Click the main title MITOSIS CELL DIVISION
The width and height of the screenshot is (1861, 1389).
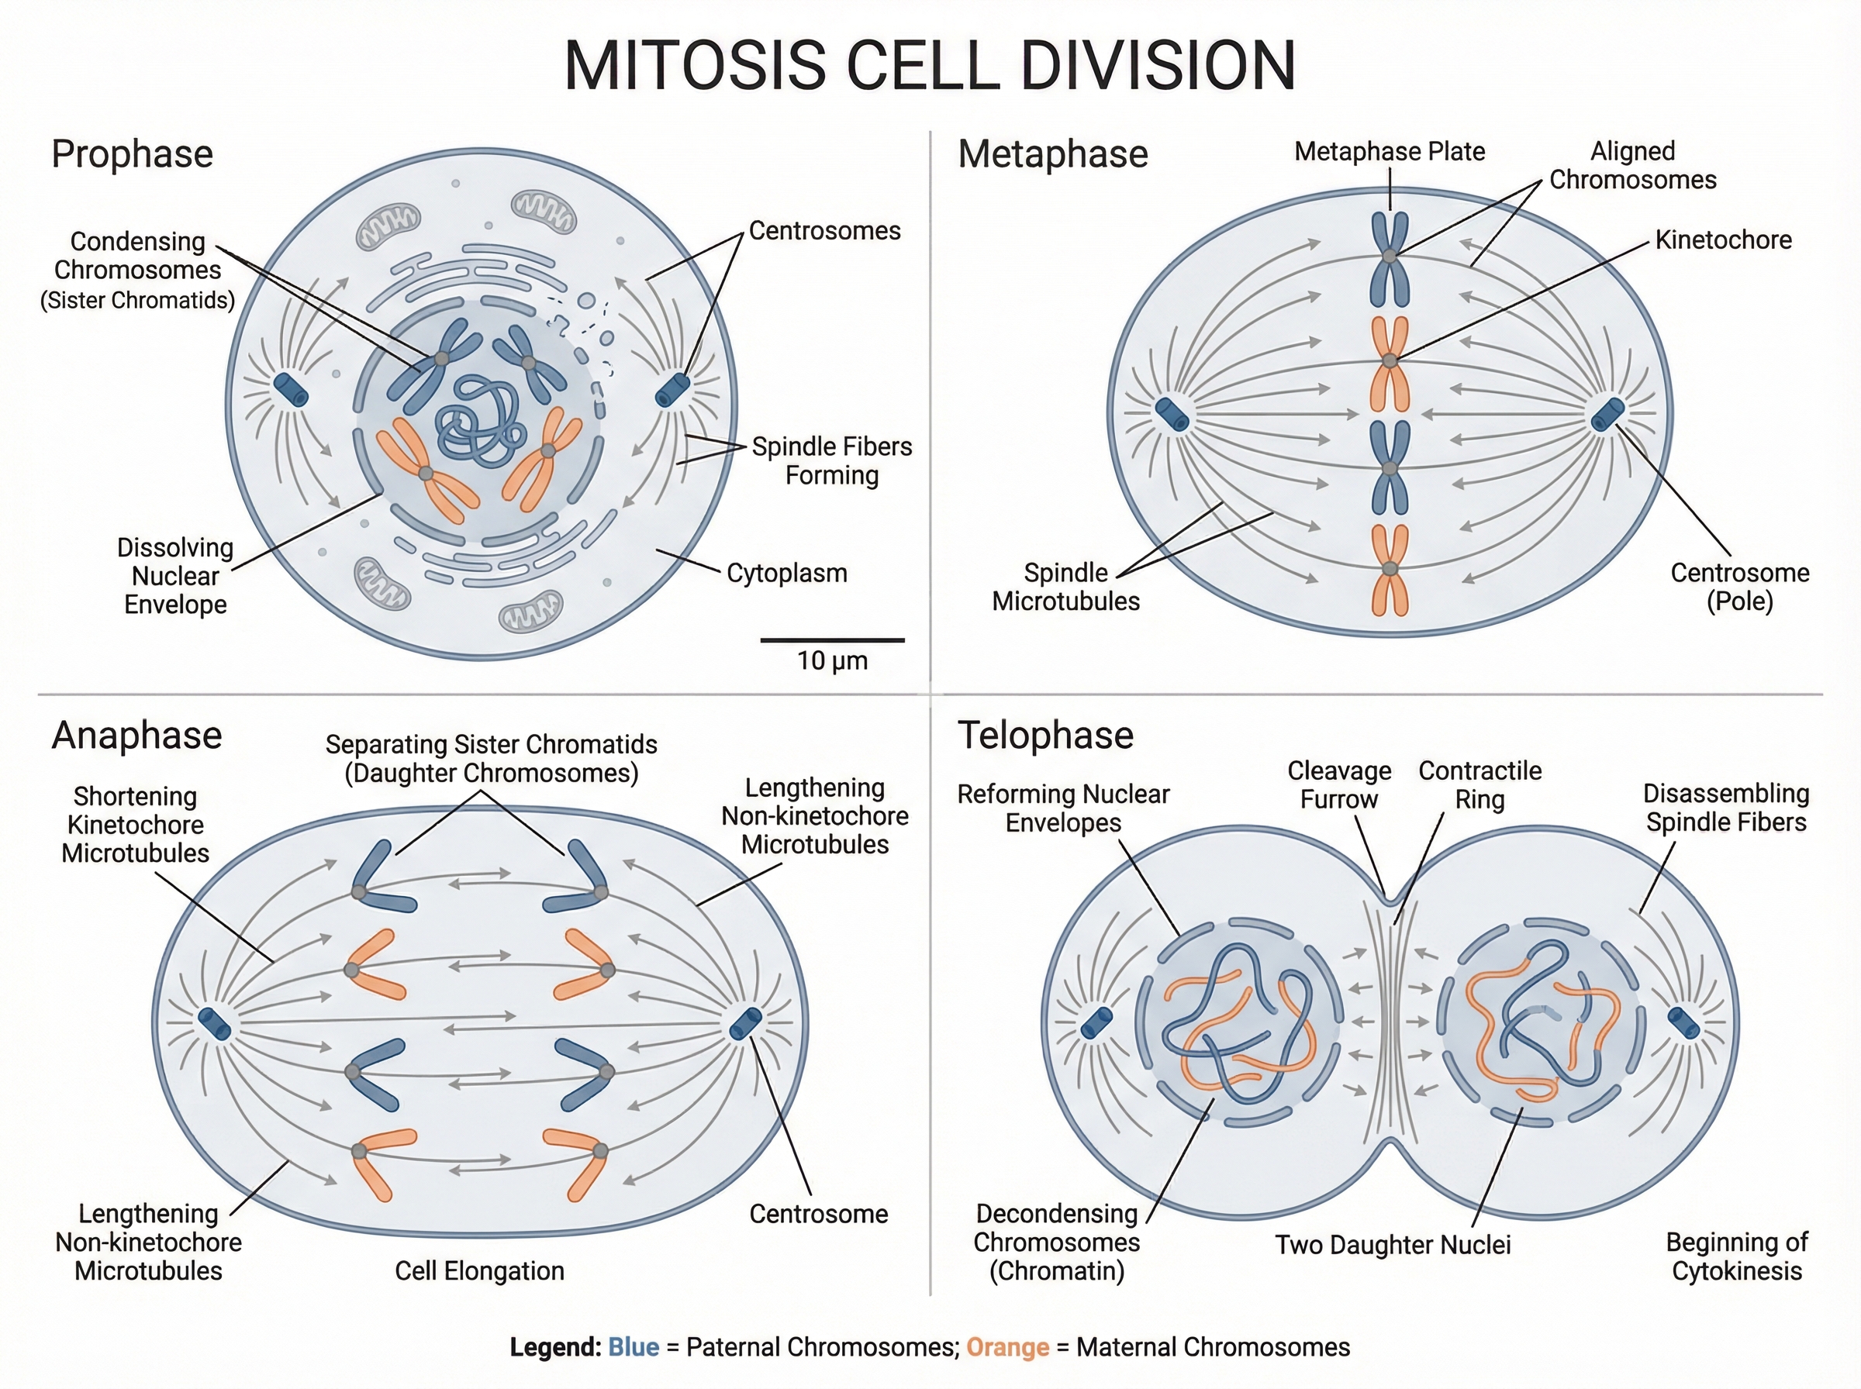pyautogui.click(x=929, y=66)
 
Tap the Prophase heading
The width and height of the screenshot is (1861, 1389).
pyautogui.click(x=132, y=155)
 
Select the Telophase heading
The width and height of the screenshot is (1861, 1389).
pyautogui.click(x=1045, y=736)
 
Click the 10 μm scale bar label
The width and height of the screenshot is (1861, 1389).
pyautogui.click(x=832, y=661)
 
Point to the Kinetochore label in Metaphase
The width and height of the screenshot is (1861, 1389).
pyautogui.click(x=1723, y=240)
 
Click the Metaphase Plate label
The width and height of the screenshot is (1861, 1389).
pyautogui.click(x=1390, y=151)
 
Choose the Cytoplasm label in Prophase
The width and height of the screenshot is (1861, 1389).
pyautogui.click(x=786, y=574)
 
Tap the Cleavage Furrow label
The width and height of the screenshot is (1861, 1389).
pyautogui.click(x=1339, y=785)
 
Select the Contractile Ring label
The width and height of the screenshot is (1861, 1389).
pyautogui.click(x=1480, y=785)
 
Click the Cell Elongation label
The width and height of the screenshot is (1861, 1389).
pyautogui.click(x=479, y=1270)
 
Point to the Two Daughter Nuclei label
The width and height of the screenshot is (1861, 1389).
pyautogui.click(x=1393, y=1244)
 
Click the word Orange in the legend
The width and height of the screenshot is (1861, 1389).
pyautogui.click(x=1007, y=1347)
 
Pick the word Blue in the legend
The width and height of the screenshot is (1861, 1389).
pyautogui.click(x=634, y=1347)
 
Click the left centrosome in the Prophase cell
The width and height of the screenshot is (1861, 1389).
pyautogui.click(x=291, y=390)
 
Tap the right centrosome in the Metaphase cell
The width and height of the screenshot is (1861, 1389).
pyautogui.click(x=1608, y=414)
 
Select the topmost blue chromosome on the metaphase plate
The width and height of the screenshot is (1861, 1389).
pyautogui.click(x=1390, y=257)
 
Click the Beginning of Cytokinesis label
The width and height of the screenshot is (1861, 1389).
pyautogui.click(x=1736, y=1256)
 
